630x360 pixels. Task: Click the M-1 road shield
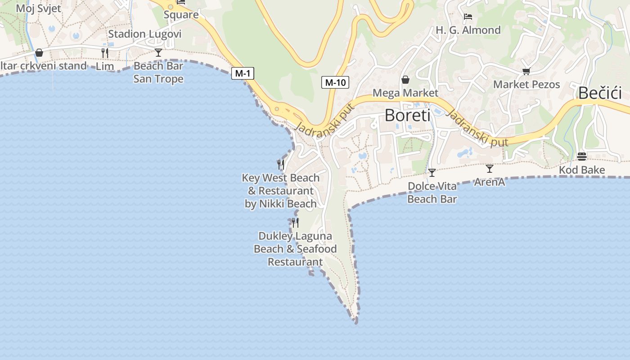tap(243, 73)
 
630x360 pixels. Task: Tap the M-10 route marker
tap(335, 82)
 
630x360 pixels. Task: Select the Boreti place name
tap(407, 116)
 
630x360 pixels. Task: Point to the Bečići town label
tap(600, 93)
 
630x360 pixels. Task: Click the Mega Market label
tap(405, 93)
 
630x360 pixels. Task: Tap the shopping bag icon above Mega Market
tap(405, 80)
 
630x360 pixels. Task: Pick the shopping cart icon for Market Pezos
tap(526, 71)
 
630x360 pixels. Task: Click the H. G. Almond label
tap(468, 30)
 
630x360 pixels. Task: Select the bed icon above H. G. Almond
tap(468, 17)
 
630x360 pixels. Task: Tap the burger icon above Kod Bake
tap(582, 157)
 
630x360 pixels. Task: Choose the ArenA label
tap(490, 182)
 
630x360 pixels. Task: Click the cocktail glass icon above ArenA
tap(490, 169)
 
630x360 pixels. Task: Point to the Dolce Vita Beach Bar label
tap(432, 193)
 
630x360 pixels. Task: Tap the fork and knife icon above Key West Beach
tap(281, 164)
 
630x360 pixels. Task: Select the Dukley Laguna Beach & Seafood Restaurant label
tap(295, 249)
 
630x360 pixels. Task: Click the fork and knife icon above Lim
tap(105, 53)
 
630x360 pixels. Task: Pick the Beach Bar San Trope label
tap(158, 72)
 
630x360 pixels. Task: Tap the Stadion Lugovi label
tap(145, 34)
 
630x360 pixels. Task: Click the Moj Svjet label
tap(38, 9)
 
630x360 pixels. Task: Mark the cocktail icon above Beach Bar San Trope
tap(158, 53)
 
